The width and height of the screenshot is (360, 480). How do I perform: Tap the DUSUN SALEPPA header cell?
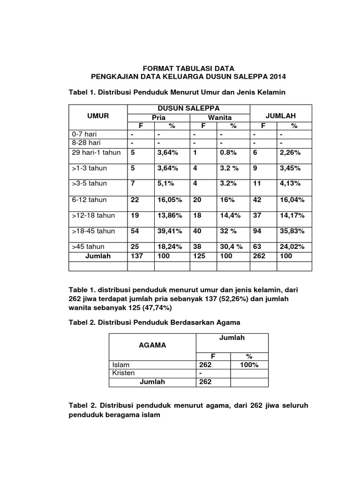pyautogui.click(x=188, y=109)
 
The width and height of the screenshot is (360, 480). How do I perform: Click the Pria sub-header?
pyautogui.click(x=158, y=117)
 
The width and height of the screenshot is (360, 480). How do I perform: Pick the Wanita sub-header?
pyautogui.click(x=219, y=117)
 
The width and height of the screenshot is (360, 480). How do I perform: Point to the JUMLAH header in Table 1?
pyautogui.click(x=281, y=115)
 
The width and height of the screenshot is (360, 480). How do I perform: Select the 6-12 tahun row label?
pyautogui.click(x=90, y=200)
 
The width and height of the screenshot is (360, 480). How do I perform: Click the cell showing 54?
pyautogui.click(x=135, y=232)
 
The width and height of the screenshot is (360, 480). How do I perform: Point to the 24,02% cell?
pyautogui.click(x=292, y=247)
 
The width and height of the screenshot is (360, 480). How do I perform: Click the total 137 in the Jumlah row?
pyautogui.click(x=137, y=256)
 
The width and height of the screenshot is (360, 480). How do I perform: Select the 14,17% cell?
pyautogui.click(x=292, y=216)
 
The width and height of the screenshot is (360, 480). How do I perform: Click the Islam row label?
pyautogui.click(x=121, y=365)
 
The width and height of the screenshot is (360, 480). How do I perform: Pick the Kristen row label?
pyautogui.click(x=124, y=373)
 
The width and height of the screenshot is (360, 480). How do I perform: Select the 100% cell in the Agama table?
pyautogui.click(x=249, y=365)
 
